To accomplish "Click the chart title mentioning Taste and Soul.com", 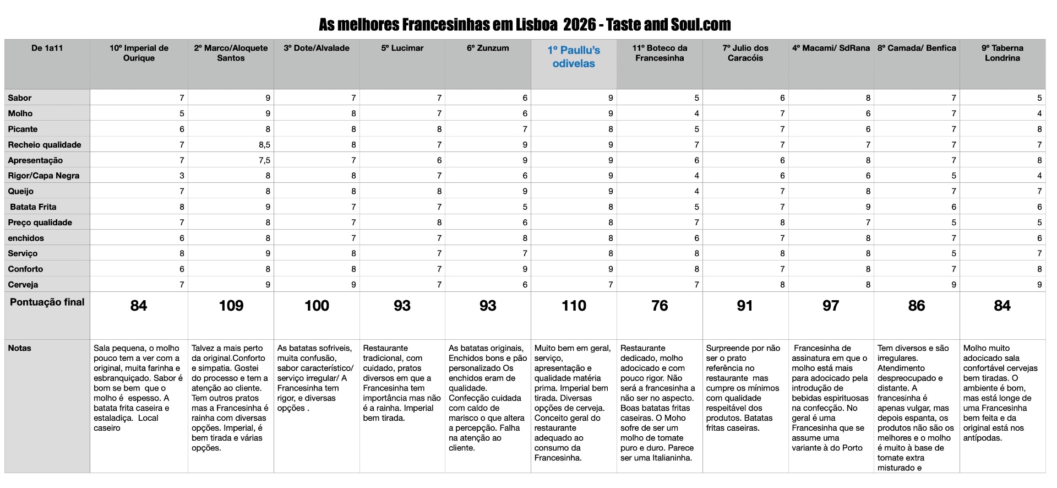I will pyautogui.click(x=524, y=25).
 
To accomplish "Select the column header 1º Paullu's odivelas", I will pyautogui.click(x=574, y=57).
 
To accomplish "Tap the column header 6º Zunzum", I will pyautogui.click(x=488, y=48).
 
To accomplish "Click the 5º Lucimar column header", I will pyautogui.click(x=402, y=48).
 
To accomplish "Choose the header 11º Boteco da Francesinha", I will pyautogui.click(x=660, y=53).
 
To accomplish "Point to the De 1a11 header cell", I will pyautogui.click(x=47, y=48).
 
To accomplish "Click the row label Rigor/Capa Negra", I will pyautogui.click(x=43, y=176).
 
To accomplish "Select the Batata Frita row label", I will pyautogui.click(x=33, y=207).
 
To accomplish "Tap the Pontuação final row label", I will pyautogui.click(x=47, y=302).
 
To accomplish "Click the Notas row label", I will pyautogui.click(x=19, y=348).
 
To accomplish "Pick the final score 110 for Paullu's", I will pyautogui.click(x=574, y=306).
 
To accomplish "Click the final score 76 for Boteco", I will pyautogui.click(x=660, y=306).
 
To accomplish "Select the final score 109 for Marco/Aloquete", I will pyautogui.click(x=231, y=306).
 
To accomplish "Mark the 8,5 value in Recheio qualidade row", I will pyautogui.click(x=264, y=145).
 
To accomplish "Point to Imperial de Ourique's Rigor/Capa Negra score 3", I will pyautogui.click(x=182, y=176).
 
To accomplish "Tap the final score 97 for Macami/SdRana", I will pyautogui.click(x=831, y=306).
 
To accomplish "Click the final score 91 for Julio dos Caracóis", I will pyautogui.click(x=745, y=306).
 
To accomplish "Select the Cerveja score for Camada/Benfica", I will pyautogui.click(x=954, y=285).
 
